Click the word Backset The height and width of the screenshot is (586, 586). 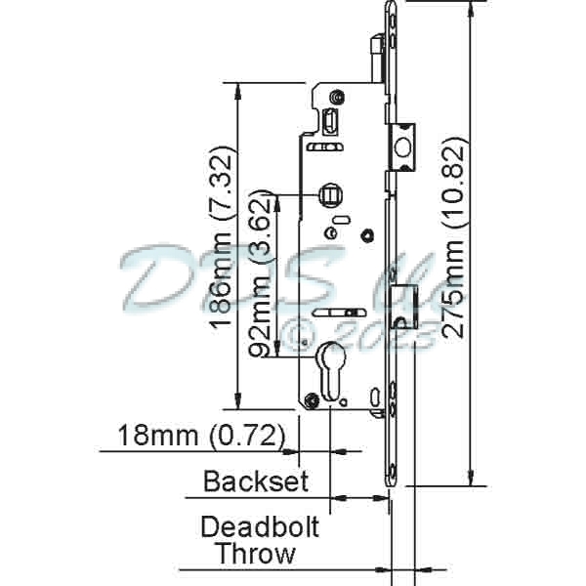coord(256,481)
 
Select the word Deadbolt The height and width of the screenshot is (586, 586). coord(260,527)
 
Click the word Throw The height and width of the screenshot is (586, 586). coord(256,555)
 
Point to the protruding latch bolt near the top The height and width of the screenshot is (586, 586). coord(403,145)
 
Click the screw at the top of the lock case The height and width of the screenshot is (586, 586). coord(336,98)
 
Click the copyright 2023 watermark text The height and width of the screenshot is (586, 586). coord(356,337)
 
